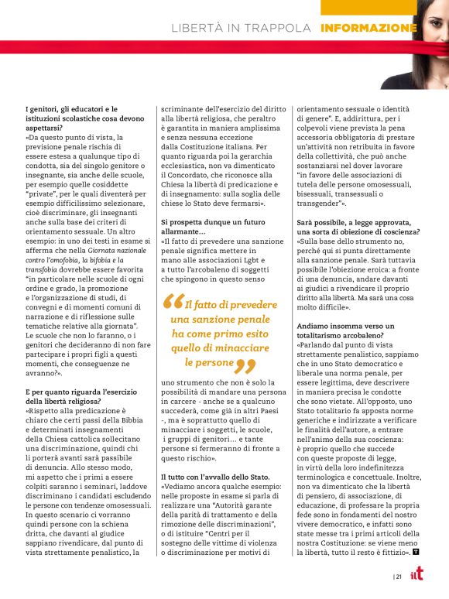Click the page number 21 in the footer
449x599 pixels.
[398, 577]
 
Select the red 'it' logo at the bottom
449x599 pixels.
[418, 576]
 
